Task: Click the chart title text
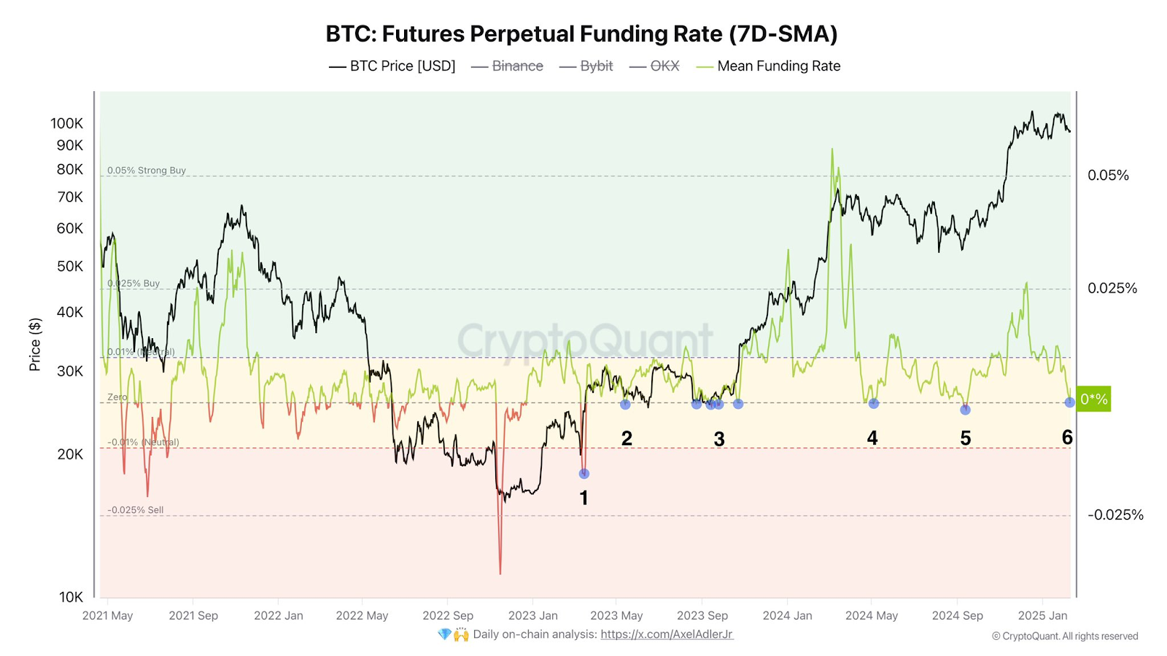click(581, 34)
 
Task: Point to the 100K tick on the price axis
click(66, 123)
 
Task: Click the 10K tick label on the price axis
click(71, 597)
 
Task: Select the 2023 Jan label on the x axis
click(532, 616)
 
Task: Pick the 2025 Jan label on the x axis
click(1042, 616)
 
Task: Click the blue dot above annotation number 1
click(583, 474)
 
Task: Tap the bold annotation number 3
click(719, 440)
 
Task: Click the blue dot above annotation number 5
click(965, 410)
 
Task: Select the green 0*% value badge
click(1093, 399)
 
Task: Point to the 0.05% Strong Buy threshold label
click(147, 171)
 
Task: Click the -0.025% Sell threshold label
click(136, 510)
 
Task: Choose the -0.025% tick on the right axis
click(1115, 515)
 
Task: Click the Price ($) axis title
click(34, 345)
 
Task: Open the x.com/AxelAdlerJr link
click(667, 635)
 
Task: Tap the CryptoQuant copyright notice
click(1064, 636)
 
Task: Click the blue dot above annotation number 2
click(625, 404)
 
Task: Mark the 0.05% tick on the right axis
click(1108, 176)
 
